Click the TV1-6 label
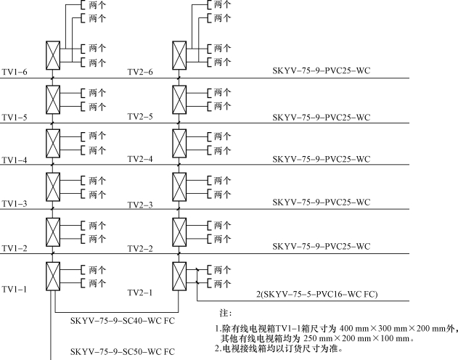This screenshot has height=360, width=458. (x=15, y=72)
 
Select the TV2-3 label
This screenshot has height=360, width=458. (x=140, y=205)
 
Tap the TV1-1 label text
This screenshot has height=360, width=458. (x=15, y=290)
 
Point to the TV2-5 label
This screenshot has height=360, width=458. (x=140, y=117)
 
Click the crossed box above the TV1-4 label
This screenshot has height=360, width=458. (x=53, y=144)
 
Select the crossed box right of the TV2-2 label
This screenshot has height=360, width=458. (x=179, y=232)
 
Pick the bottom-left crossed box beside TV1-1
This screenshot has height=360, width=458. (x=53, y=277)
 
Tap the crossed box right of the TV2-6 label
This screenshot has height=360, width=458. (x=179, y=55)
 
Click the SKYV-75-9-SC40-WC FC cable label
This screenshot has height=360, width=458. (x=123, y=321)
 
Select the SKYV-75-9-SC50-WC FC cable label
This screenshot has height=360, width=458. (x=123, y=351)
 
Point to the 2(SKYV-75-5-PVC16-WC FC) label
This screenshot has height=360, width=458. (x=317, y=294)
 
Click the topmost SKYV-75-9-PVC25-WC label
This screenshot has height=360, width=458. (x=322, y=70)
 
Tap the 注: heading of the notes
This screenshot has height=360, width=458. (x=226, y=314)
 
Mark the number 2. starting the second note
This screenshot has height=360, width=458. (x=218, y=348)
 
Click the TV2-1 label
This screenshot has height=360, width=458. (x=140, y=292)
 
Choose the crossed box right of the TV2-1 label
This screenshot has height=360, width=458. (x=179, y=277)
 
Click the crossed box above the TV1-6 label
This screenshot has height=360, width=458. (x=53, y=55)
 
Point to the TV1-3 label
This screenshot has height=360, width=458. (x=15, y=203)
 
